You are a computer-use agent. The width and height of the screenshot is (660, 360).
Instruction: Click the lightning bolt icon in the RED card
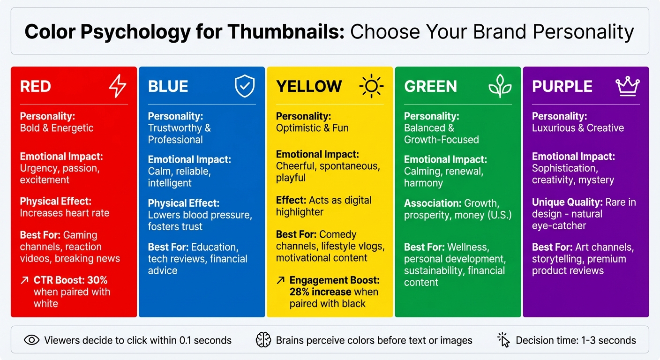click(118, 86)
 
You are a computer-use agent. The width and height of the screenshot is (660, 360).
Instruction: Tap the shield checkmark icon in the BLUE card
click(245, 87)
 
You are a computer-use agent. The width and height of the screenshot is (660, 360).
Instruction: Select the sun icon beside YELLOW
click(371, 86)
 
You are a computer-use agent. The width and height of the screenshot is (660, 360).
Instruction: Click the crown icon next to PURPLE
click(627, 86)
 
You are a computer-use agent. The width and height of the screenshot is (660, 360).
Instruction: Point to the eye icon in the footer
click(31, 340)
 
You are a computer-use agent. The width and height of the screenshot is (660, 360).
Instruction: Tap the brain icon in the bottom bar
click(263, 340)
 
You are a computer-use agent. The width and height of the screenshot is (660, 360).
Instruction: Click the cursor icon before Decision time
click(503, 340)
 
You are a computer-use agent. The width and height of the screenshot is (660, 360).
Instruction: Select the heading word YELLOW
click(309, 87)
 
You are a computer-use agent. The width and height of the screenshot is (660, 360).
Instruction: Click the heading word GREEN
click(430, 87)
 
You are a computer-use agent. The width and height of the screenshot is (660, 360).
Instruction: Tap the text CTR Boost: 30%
click(70, 280)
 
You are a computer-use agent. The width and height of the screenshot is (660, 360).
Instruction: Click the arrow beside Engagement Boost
click(280, 280)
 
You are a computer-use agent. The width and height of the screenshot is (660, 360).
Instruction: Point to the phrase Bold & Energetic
click(57, 128)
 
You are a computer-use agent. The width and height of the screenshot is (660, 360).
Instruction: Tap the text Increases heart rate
click(65, 213)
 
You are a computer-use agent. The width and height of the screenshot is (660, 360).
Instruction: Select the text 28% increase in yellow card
click(320, 292)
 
